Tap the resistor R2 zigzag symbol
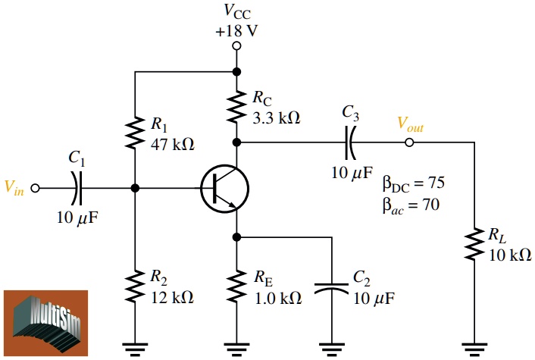tap(135, 287)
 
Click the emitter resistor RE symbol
tap(237, 287)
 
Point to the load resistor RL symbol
tap(474, 245)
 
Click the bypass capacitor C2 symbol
tap(333, 288)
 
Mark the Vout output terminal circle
tap(409, 142)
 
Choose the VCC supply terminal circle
tap(237, 46)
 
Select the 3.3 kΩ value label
tap(275, 117)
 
